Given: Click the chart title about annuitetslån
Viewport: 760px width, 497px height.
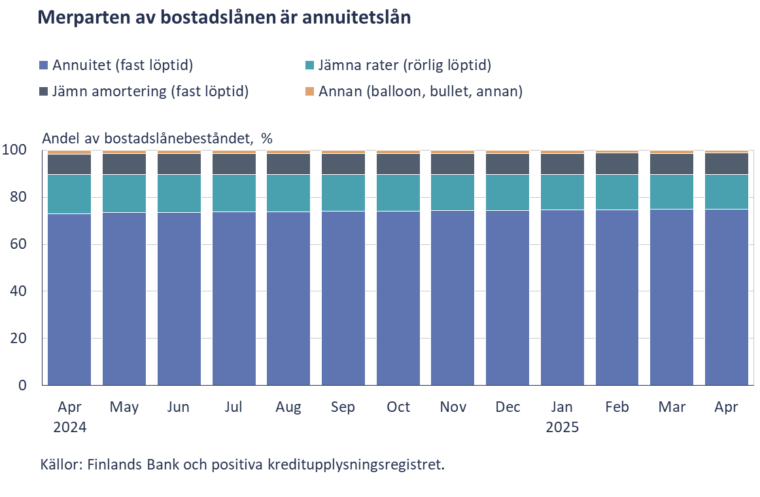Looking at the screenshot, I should [x=224, y=18].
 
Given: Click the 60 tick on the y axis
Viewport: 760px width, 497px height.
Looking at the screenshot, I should [x=22, y=244].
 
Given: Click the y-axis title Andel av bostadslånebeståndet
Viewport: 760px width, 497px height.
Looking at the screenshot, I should [x=157, y=138].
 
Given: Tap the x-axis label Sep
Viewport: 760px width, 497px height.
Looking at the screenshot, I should [x=343, y=407].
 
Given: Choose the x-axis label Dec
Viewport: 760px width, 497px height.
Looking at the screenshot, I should [x=508, y=407].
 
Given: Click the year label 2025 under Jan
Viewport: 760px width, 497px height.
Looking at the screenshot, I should [x=562, y=428].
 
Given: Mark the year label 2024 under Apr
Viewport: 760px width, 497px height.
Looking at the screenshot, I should [x=69, y=428].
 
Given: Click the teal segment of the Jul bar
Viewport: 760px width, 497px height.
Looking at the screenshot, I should [x=233, y=193].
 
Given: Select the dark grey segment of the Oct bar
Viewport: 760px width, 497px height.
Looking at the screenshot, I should [x=398, y=164].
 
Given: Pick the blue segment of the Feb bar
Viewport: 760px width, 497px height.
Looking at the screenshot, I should [x=617, y=297].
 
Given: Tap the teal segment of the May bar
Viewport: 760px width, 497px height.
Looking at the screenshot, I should [x=124, y=193].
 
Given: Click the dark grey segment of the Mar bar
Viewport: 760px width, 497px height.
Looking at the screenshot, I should [x=672, y=164].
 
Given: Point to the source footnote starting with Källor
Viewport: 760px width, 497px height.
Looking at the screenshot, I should [x=242, y=465].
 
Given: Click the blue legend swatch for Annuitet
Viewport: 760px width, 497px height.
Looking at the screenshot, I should [x=44, y=65].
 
